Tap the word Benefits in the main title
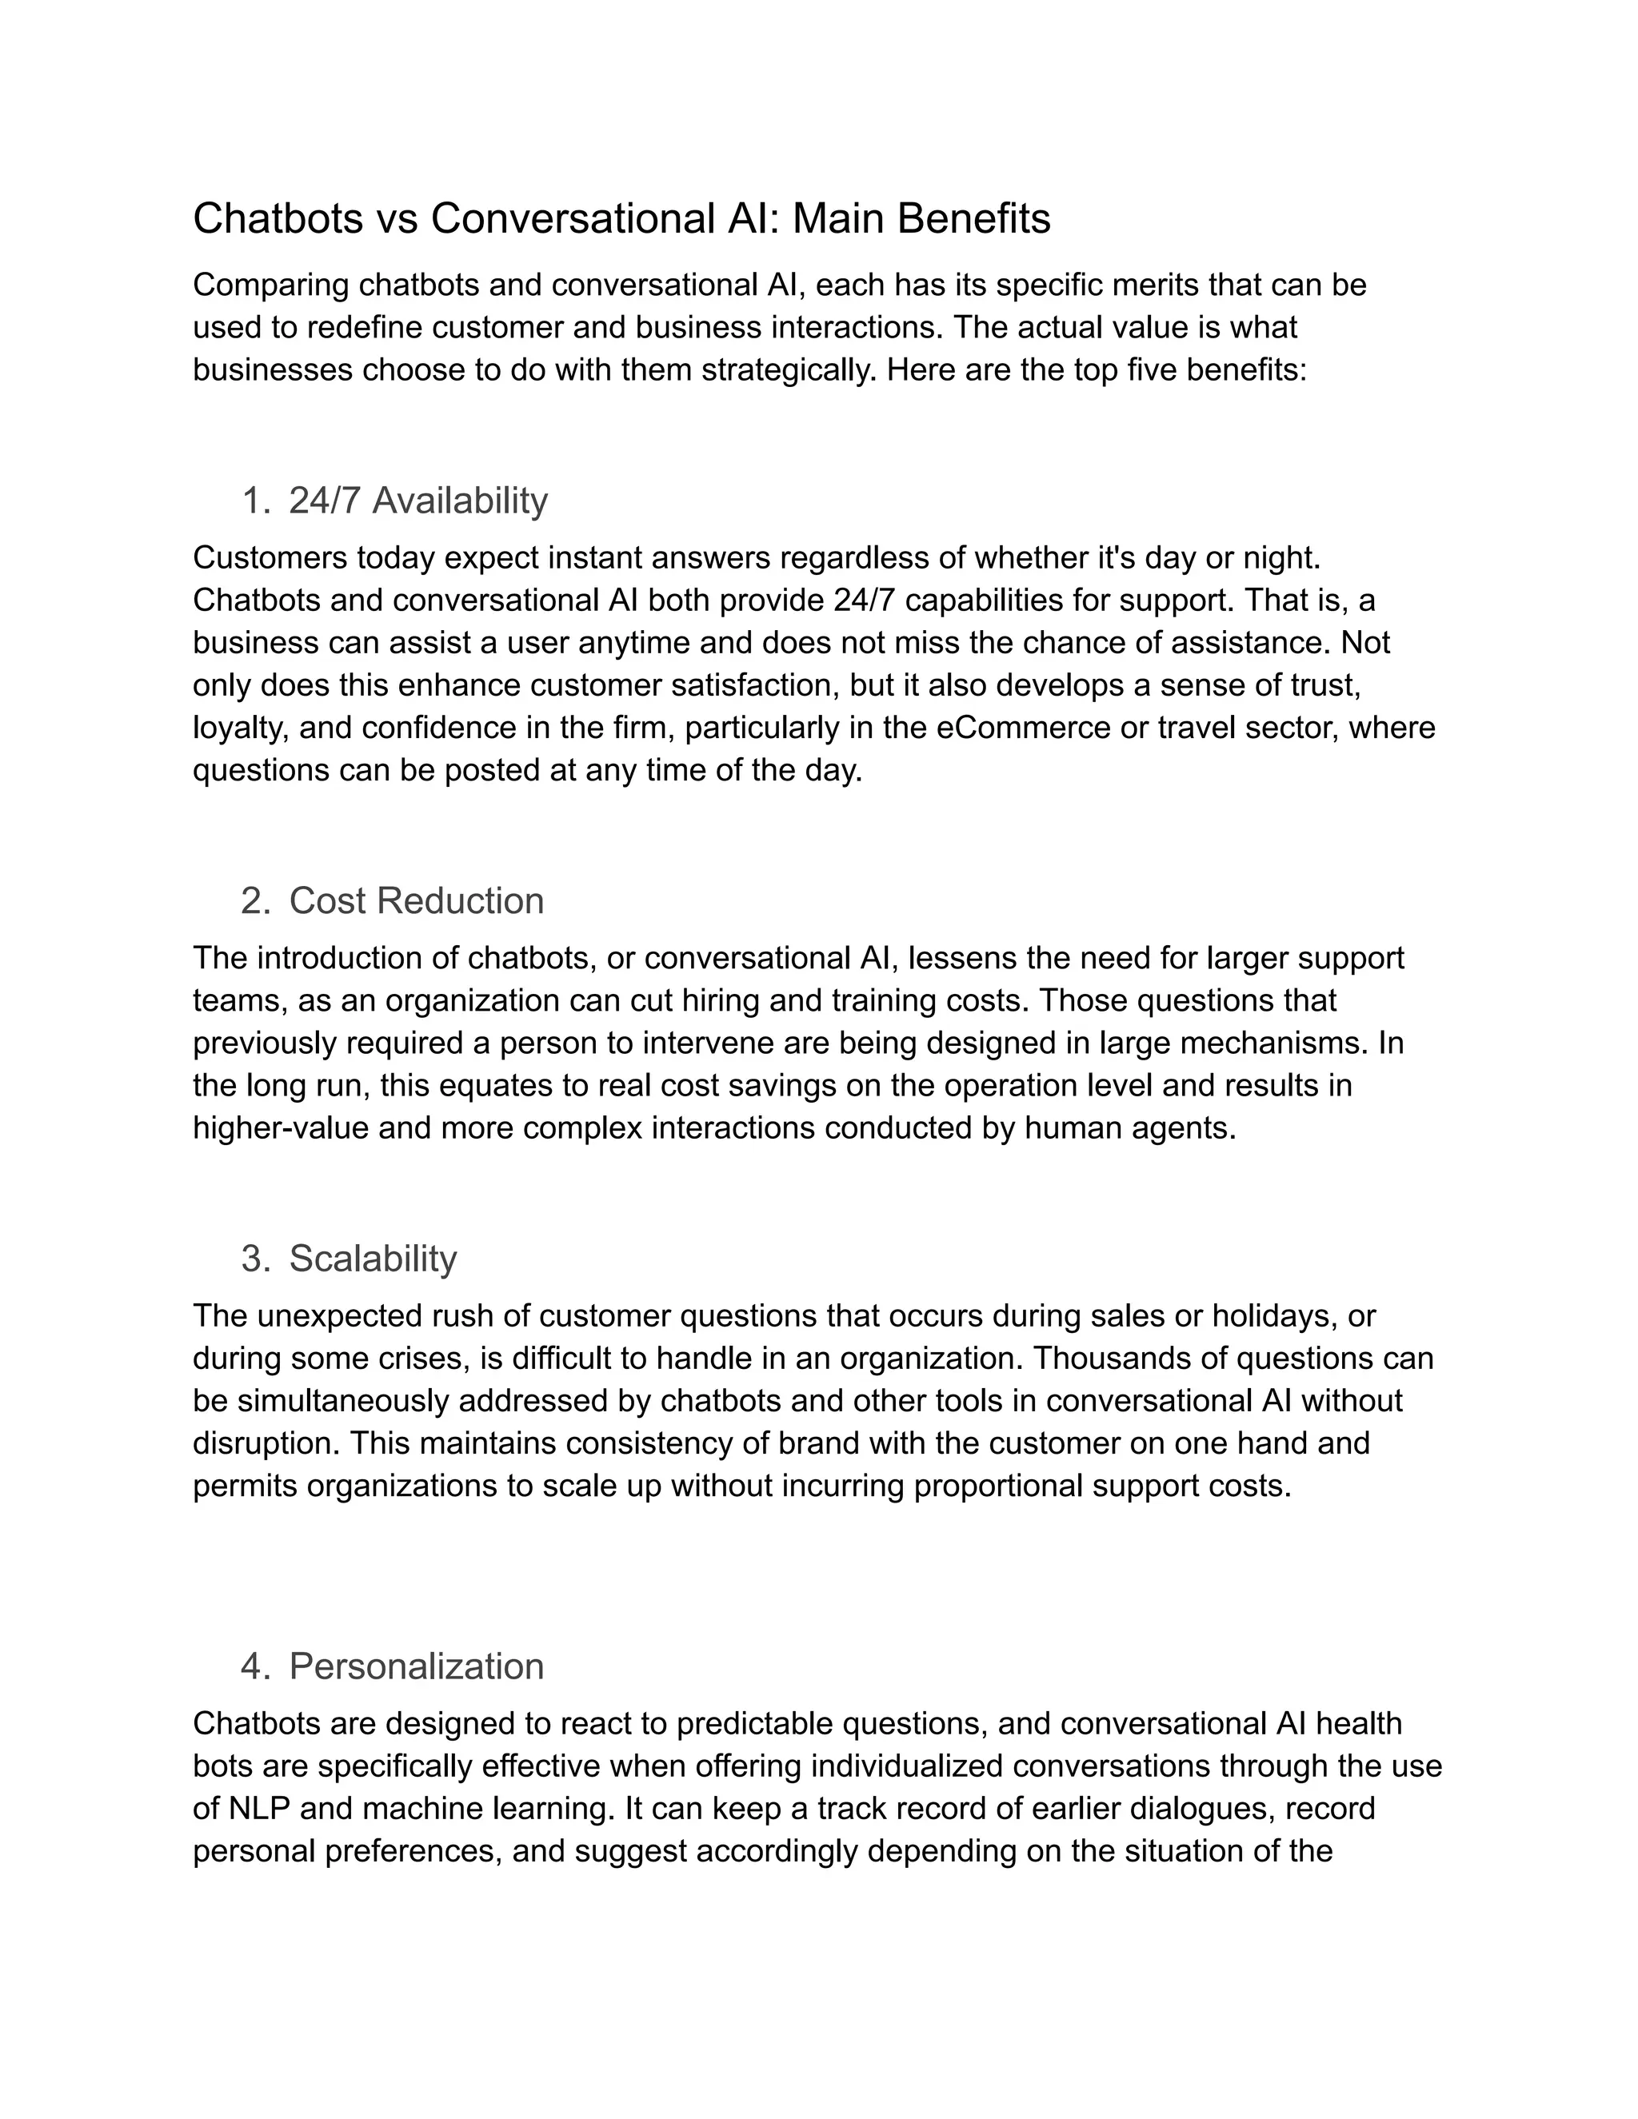coord(973,219)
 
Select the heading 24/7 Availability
coord(418,501)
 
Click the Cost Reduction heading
coord(416,900)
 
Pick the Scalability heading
coord(373,1259)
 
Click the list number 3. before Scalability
coord(255,1259)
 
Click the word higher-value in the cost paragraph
coord(281,1128)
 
